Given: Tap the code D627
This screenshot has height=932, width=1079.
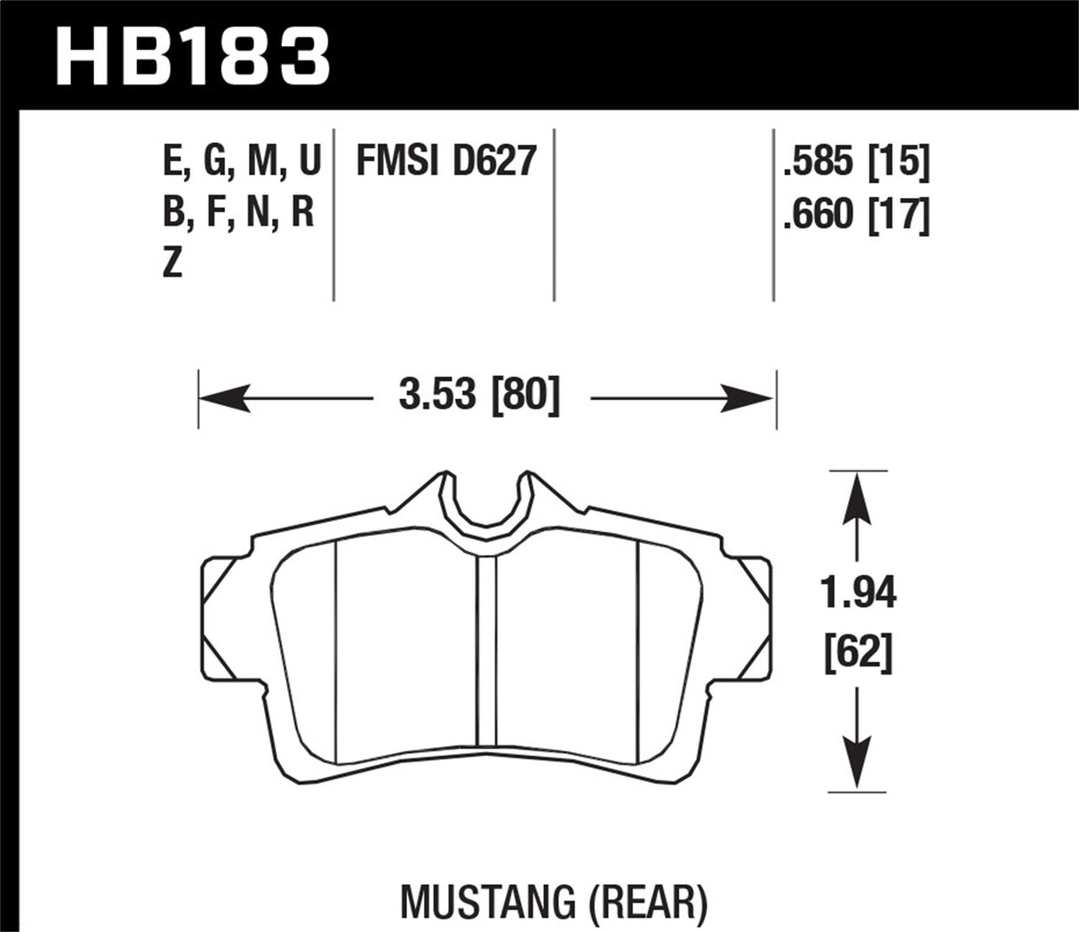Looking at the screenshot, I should [x=494, y=163].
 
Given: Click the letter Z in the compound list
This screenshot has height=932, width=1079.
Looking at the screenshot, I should [x=172, y=264].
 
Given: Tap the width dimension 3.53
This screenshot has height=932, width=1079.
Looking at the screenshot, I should [x=437, y=395].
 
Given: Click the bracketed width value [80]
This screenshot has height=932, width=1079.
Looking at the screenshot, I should [x=525, y=395].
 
